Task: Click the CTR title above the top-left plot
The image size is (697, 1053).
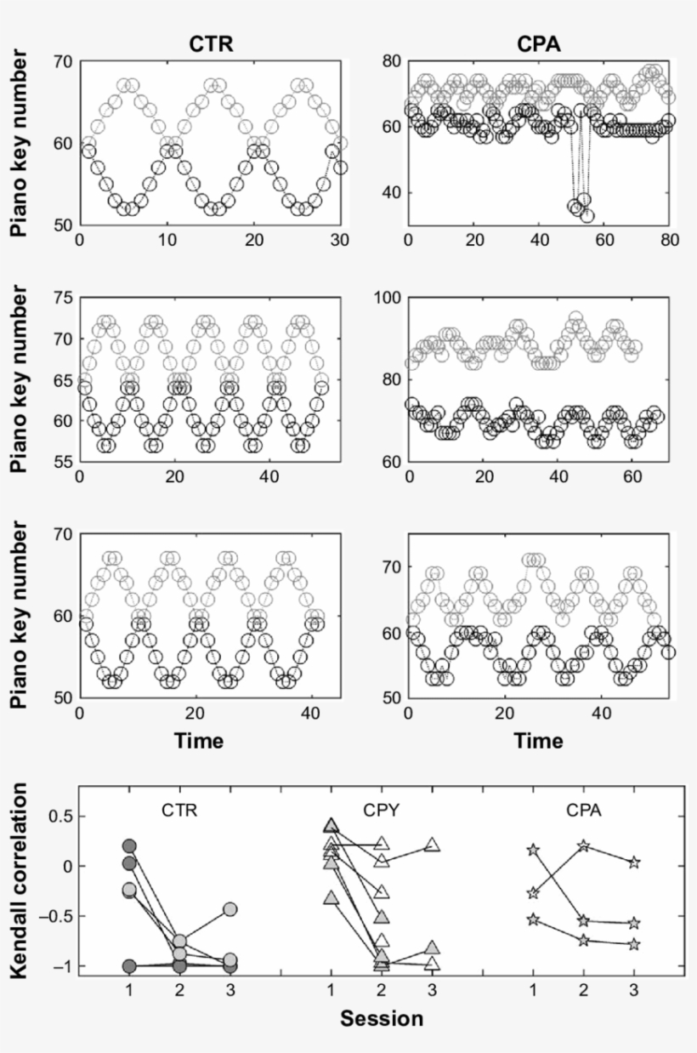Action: click(211, 44)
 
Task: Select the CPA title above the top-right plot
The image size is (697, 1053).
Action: click(540, 44)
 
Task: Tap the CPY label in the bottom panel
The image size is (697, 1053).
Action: click(381, 810)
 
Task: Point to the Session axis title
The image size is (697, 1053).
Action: click(382, 1018)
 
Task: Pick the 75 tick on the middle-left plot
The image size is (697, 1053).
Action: click(61, 297)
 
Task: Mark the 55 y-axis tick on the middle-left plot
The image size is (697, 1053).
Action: click(61, 462)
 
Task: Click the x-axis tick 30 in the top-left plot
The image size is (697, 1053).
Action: click(341, 242)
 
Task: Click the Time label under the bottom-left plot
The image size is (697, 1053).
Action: click(199, 741)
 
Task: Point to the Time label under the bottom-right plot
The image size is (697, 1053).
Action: click(539, 741)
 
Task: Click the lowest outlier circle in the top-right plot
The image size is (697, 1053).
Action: click(586, 216)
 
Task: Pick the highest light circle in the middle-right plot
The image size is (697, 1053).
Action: click(575, 318)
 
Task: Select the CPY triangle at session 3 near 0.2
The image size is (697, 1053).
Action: click(432, 845)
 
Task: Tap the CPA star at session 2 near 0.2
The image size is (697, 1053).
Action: click(583, 845)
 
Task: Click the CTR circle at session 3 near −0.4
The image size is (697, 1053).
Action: click(229, 909)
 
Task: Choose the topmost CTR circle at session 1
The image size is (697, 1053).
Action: click(129, 846)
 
